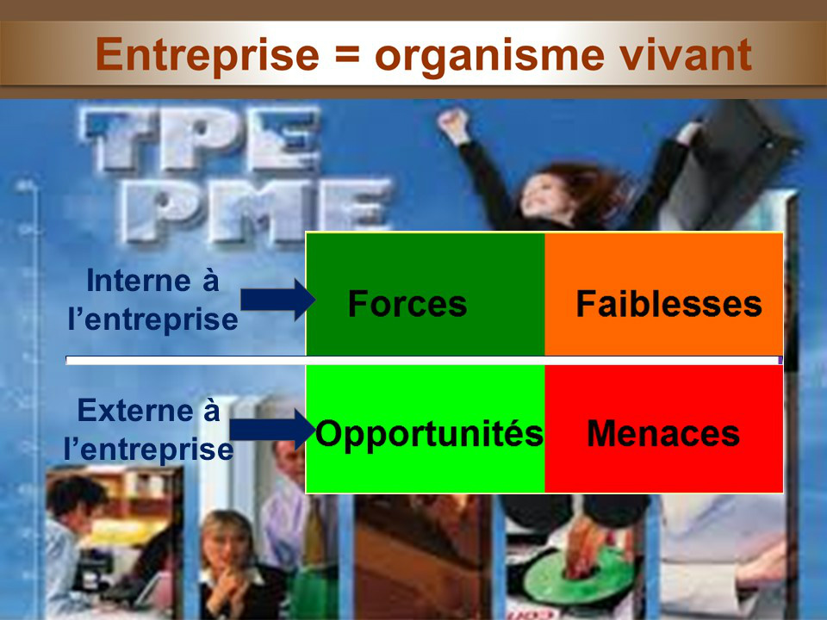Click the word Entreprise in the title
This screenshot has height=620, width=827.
coord(208,55)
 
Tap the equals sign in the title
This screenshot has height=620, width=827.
coord(347,54)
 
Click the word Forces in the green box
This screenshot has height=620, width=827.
coord(407,303)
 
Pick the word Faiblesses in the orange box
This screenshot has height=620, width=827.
coord(668,303)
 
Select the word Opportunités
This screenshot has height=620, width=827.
coord(429,433)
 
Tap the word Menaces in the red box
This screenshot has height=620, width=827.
coord(663,433)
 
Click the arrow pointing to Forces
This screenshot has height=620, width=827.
coord(278,300)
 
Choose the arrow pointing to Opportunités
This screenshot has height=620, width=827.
coord(273,430)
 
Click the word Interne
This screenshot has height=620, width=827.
coord(138,280)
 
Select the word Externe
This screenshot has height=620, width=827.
coord(135,410)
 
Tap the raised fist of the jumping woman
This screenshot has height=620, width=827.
coord(454,124)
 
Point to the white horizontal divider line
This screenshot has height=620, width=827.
coord(424,360)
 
